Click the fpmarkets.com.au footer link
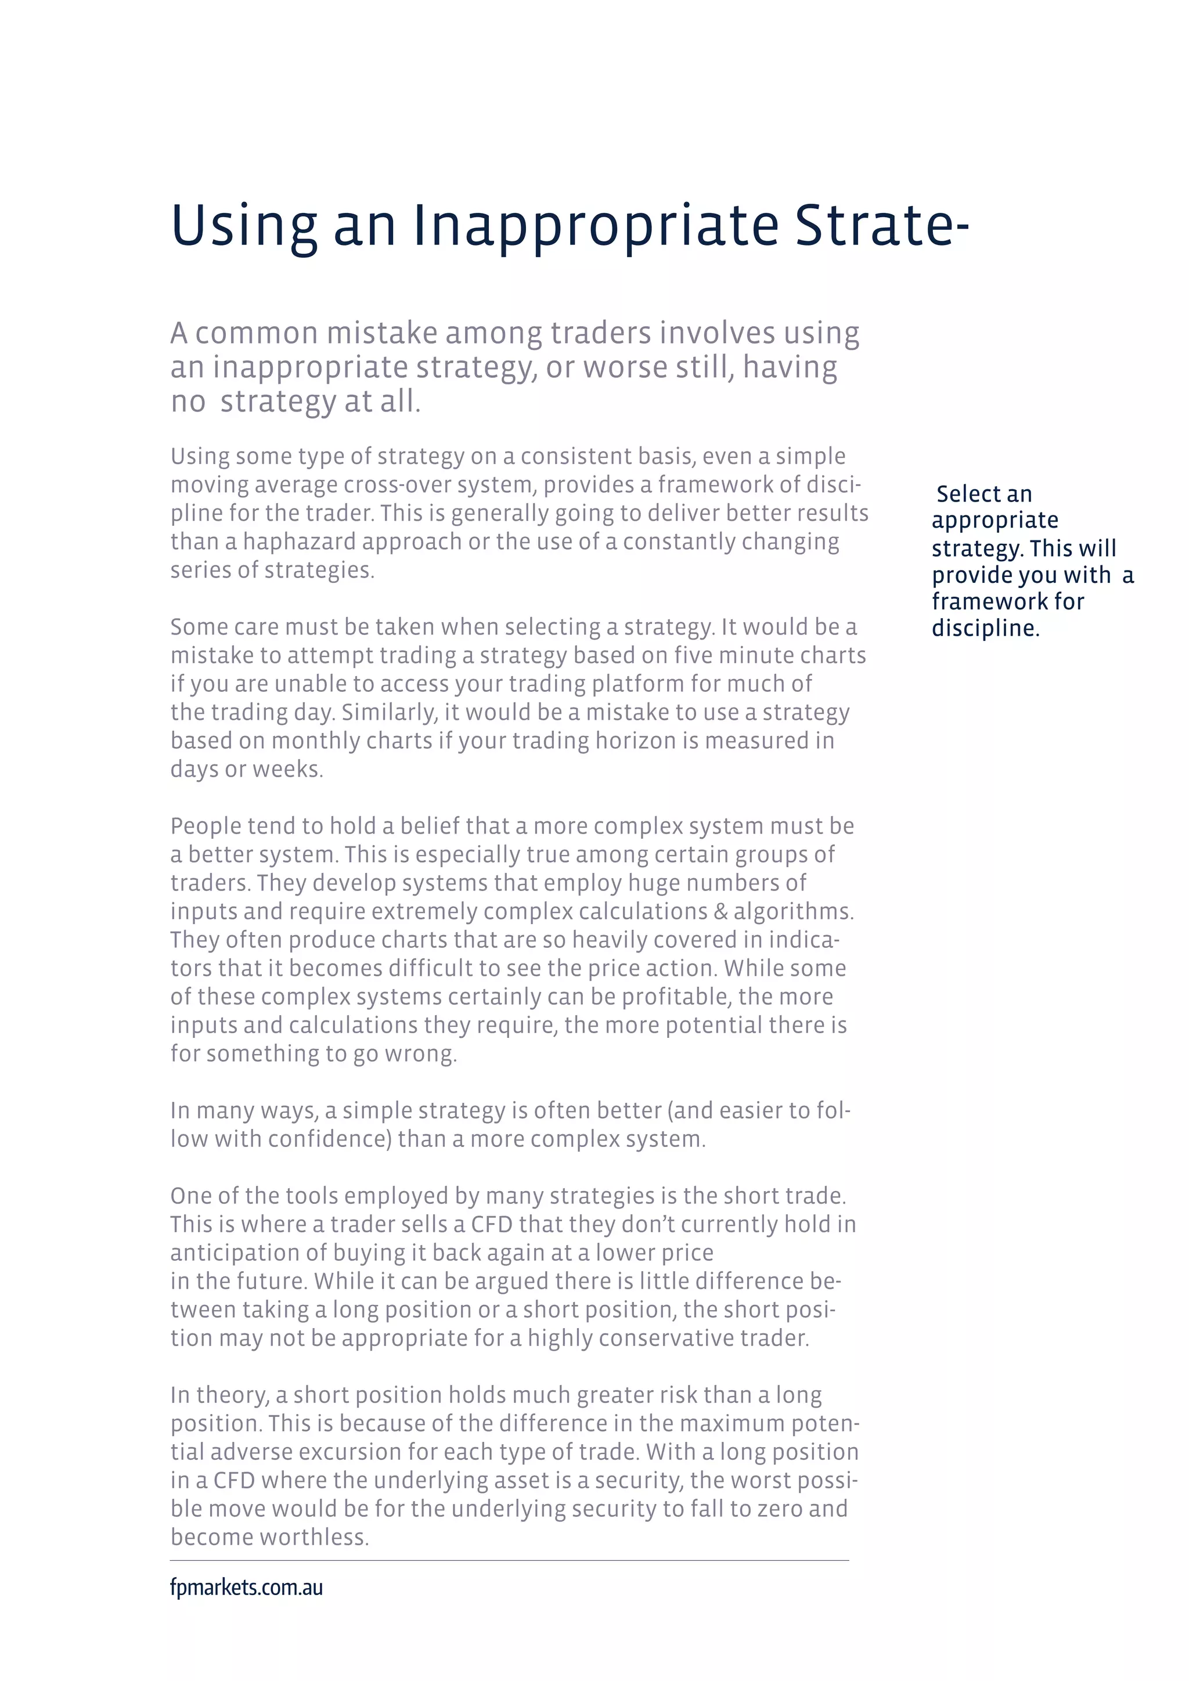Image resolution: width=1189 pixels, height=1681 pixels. click(x=246, y=1588)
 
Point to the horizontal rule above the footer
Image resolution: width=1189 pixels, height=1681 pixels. click(x=510, y=1560)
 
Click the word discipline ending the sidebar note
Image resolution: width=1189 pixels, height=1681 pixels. click(x=984, y=628)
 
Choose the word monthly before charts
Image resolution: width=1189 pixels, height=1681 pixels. click(x=316, y=741)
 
